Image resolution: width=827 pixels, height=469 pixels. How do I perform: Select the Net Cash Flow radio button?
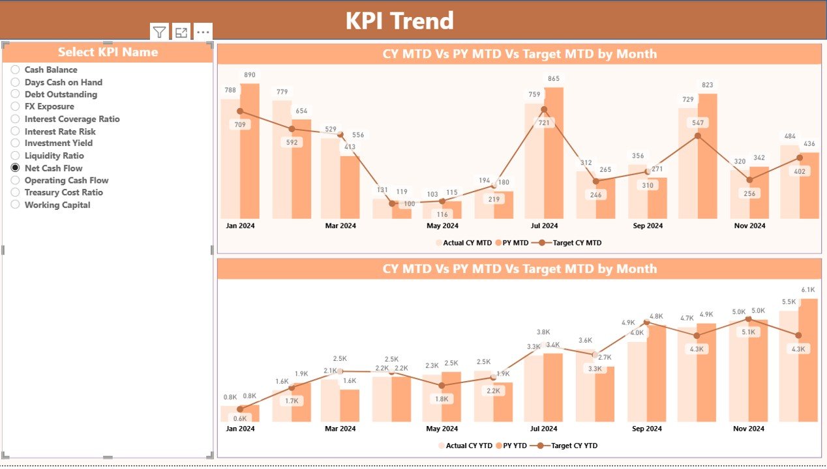coord(16,168)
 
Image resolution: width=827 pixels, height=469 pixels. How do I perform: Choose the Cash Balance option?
coord(16,70)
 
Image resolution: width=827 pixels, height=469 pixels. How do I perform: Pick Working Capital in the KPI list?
coord(16,205)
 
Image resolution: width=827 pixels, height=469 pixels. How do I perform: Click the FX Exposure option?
coord(16,106)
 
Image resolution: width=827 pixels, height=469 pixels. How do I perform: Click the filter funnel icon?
coord(159,33)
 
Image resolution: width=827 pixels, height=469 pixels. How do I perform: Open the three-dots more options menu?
coord(203,33)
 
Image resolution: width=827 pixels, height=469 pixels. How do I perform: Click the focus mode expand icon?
coord(181,33)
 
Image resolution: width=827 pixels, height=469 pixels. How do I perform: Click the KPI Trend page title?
coord(399,21)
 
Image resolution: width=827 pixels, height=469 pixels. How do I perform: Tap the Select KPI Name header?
coord(108,52)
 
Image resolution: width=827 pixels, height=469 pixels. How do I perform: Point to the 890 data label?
coord(250,75)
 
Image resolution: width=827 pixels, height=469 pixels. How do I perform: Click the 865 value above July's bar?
coord(554,79)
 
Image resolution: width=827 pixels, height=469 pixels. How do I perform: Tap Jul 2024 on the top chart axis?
coord(545,226)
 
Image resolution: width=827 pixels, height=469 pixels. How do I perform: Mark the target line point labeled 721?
coord(544,122)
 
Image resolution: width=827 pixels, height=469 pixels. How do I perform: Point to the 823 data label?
coord(708,85)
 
